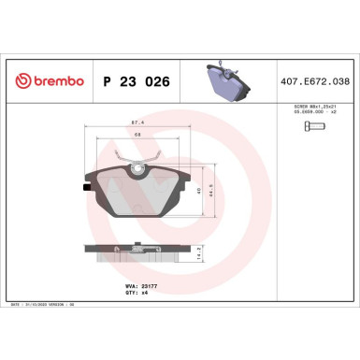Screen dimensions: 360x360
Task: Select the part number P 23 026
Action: click(133, 82)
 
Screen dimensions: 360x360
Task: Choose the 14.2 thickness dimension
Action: click(200, 252)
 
